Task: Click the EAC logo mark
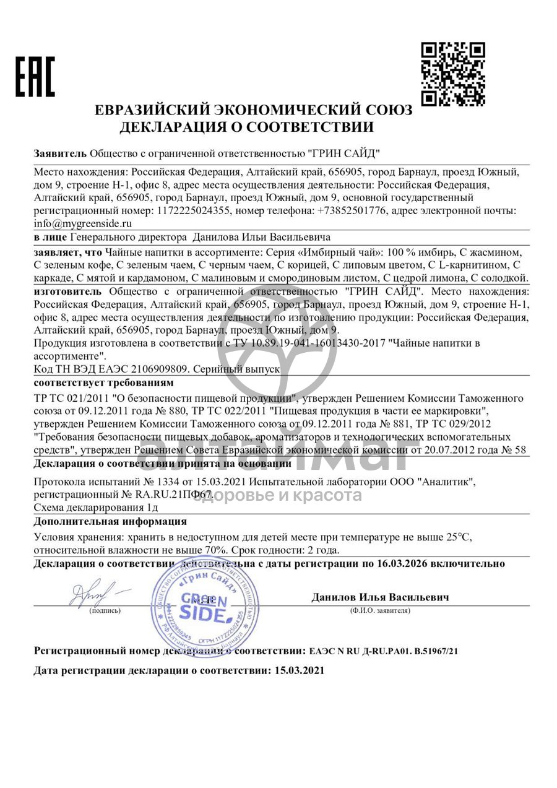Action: coord(35,77)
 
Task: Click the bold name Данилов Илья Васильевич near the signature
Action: coord(380,597)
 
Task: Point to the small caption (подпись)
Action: coord(105,610)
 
